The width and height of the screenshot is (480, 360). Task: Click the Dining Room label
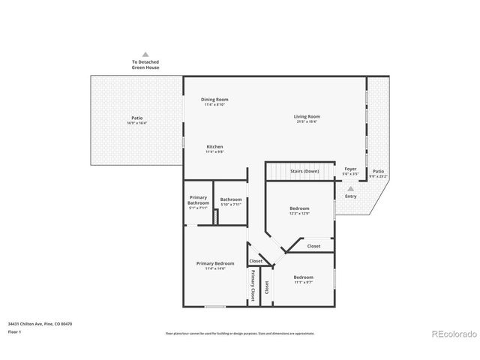tap(214, 100)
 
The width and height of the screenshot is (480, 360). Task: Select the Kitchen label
tap(214, 146)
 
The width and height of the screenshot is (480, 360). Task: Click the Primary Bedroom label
tap(215, 263)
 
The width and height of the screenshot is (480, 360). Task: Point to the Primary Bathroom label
tap(198, 200)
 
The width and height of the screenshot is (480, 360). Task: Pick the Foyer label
tap(351, 169)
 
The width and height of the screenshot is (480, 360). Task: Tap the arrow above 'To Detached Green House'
tap(145, 54)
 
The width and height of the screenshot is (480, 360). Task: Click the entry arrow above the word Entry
tap(350, 188)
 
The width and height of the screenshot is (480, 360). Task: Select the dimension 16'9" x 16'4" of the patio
tap(136, 122)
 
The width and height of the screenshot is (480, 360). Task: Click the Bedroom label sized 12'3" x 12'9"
tap(300, 208)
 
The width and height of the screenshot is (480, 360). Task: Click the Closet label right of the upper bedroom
tap(313, 246)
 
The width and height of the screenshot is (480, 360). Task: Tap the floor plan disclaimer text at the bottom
tap(239, 333)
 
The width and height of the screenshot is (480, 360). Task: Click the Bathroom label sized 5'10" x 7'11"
tap(230, 199)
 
